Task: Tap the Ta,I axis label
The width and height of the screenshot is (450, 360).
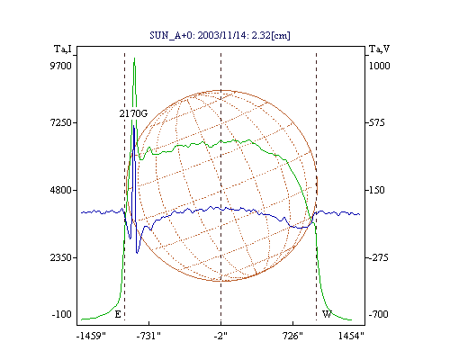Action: coord(63,49)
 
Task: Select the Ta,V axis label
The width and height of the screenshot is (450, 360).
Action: coord(380,49)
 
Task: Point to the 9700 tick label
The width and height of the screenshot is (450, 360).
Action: coord(60,66)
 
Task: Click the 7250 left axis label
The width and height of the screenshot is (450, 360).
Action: coord(61,122)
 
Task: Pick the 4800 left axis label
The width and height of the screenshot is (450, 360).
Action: coord(61,190)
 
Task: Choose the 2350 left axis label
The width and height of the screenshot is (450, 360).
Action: coord(61,257)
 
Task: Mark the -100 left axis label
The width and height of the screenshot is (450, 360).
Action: coord(61,314)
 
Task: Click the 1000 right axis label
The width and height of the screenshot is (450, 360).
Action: coord(379,66)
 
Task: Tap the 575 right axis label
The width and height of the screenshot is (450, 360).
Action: coord(377,122)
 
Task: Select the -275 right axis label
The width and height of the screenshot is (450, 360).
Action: coord(378,257)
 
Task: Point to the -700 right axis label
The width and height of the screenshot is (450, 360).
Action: coord(378,314)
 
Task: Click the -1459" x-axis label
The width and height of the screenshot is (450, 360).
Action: coord(91,336)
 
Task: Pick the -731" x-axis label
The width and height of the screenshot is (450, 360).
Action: coord(148,336)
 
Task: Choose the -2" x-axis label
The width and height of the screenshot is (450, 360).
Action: coord(220,336)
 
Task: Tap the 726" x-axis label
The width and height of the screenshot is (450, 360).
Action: coord(292,336)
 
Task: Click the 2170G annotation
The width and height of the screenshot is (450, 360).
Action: coord(133,113)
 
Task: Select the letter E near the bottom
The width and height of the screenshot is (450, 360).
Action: coord(118,314)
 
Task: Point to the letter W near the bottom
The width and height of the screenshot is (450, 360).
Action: coord(327,314)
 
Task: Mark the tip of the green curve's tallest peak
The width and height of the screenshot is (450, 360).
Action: coord(134,58)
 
